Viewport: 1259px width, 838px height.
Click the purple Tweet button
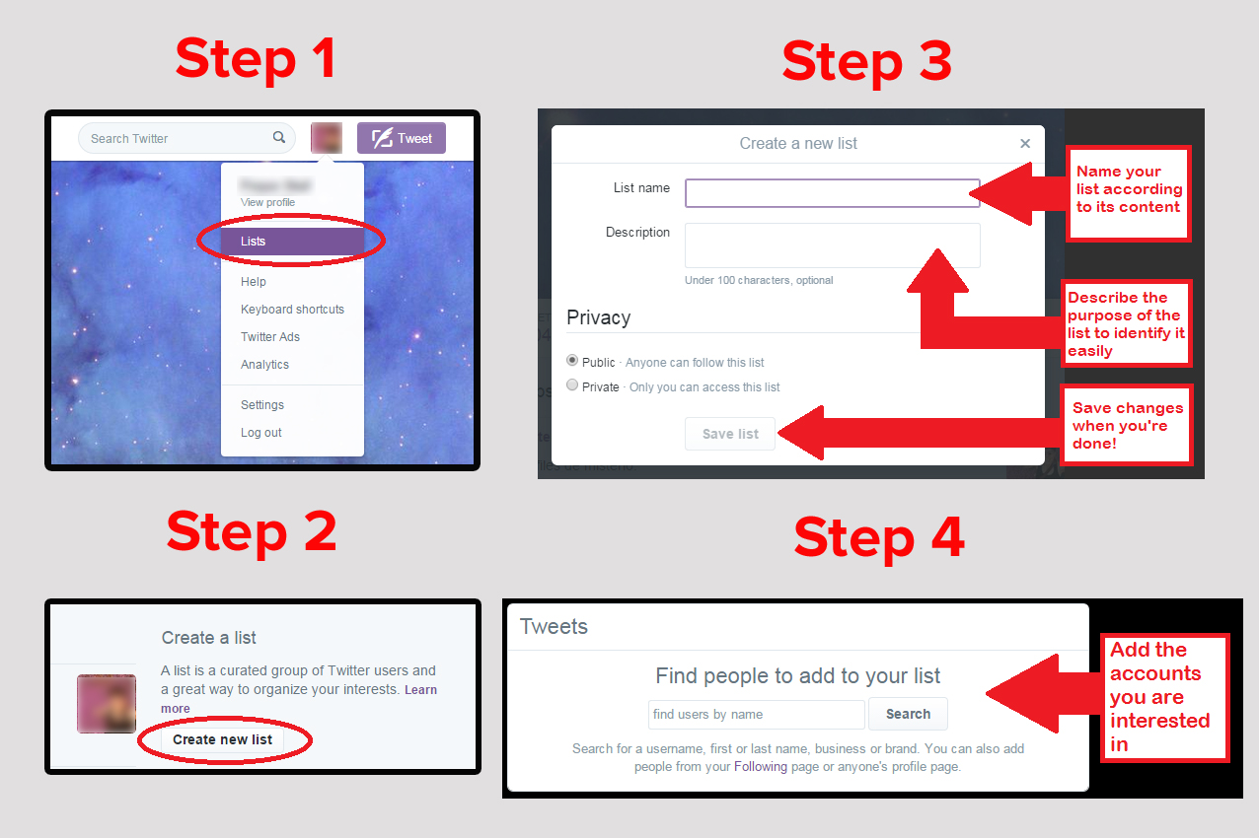point(402,138)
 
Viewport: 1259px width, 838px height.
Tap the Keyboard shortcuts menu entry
point(292,310)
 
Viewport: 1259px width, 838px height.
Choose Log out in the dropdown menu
point(261,433)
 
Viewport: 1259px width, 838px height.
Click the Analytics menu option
point(264,365)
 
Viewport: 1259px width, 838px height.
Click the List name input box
point(832,192)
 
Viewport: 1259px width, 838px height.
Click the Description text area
point(832,244)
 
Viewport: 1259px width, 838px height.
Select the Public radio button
point(572,361)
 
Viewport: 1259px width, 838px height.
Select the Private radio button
point(572,385)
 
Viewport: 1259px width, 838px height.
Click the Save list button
point(730,434)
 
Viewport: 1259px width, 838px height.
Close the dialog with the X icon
point(1025,144)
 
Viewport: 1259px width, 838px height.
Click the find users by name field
point(756,714)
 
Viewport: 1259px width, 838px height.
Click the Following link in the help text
point(760,766)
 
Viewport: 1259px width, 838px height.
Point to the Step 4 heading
point(878,538)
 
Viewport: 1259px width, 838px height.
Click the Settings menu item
point(262,405)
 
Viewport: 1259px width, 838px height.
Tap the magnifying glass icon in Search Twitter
point(279,138)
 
